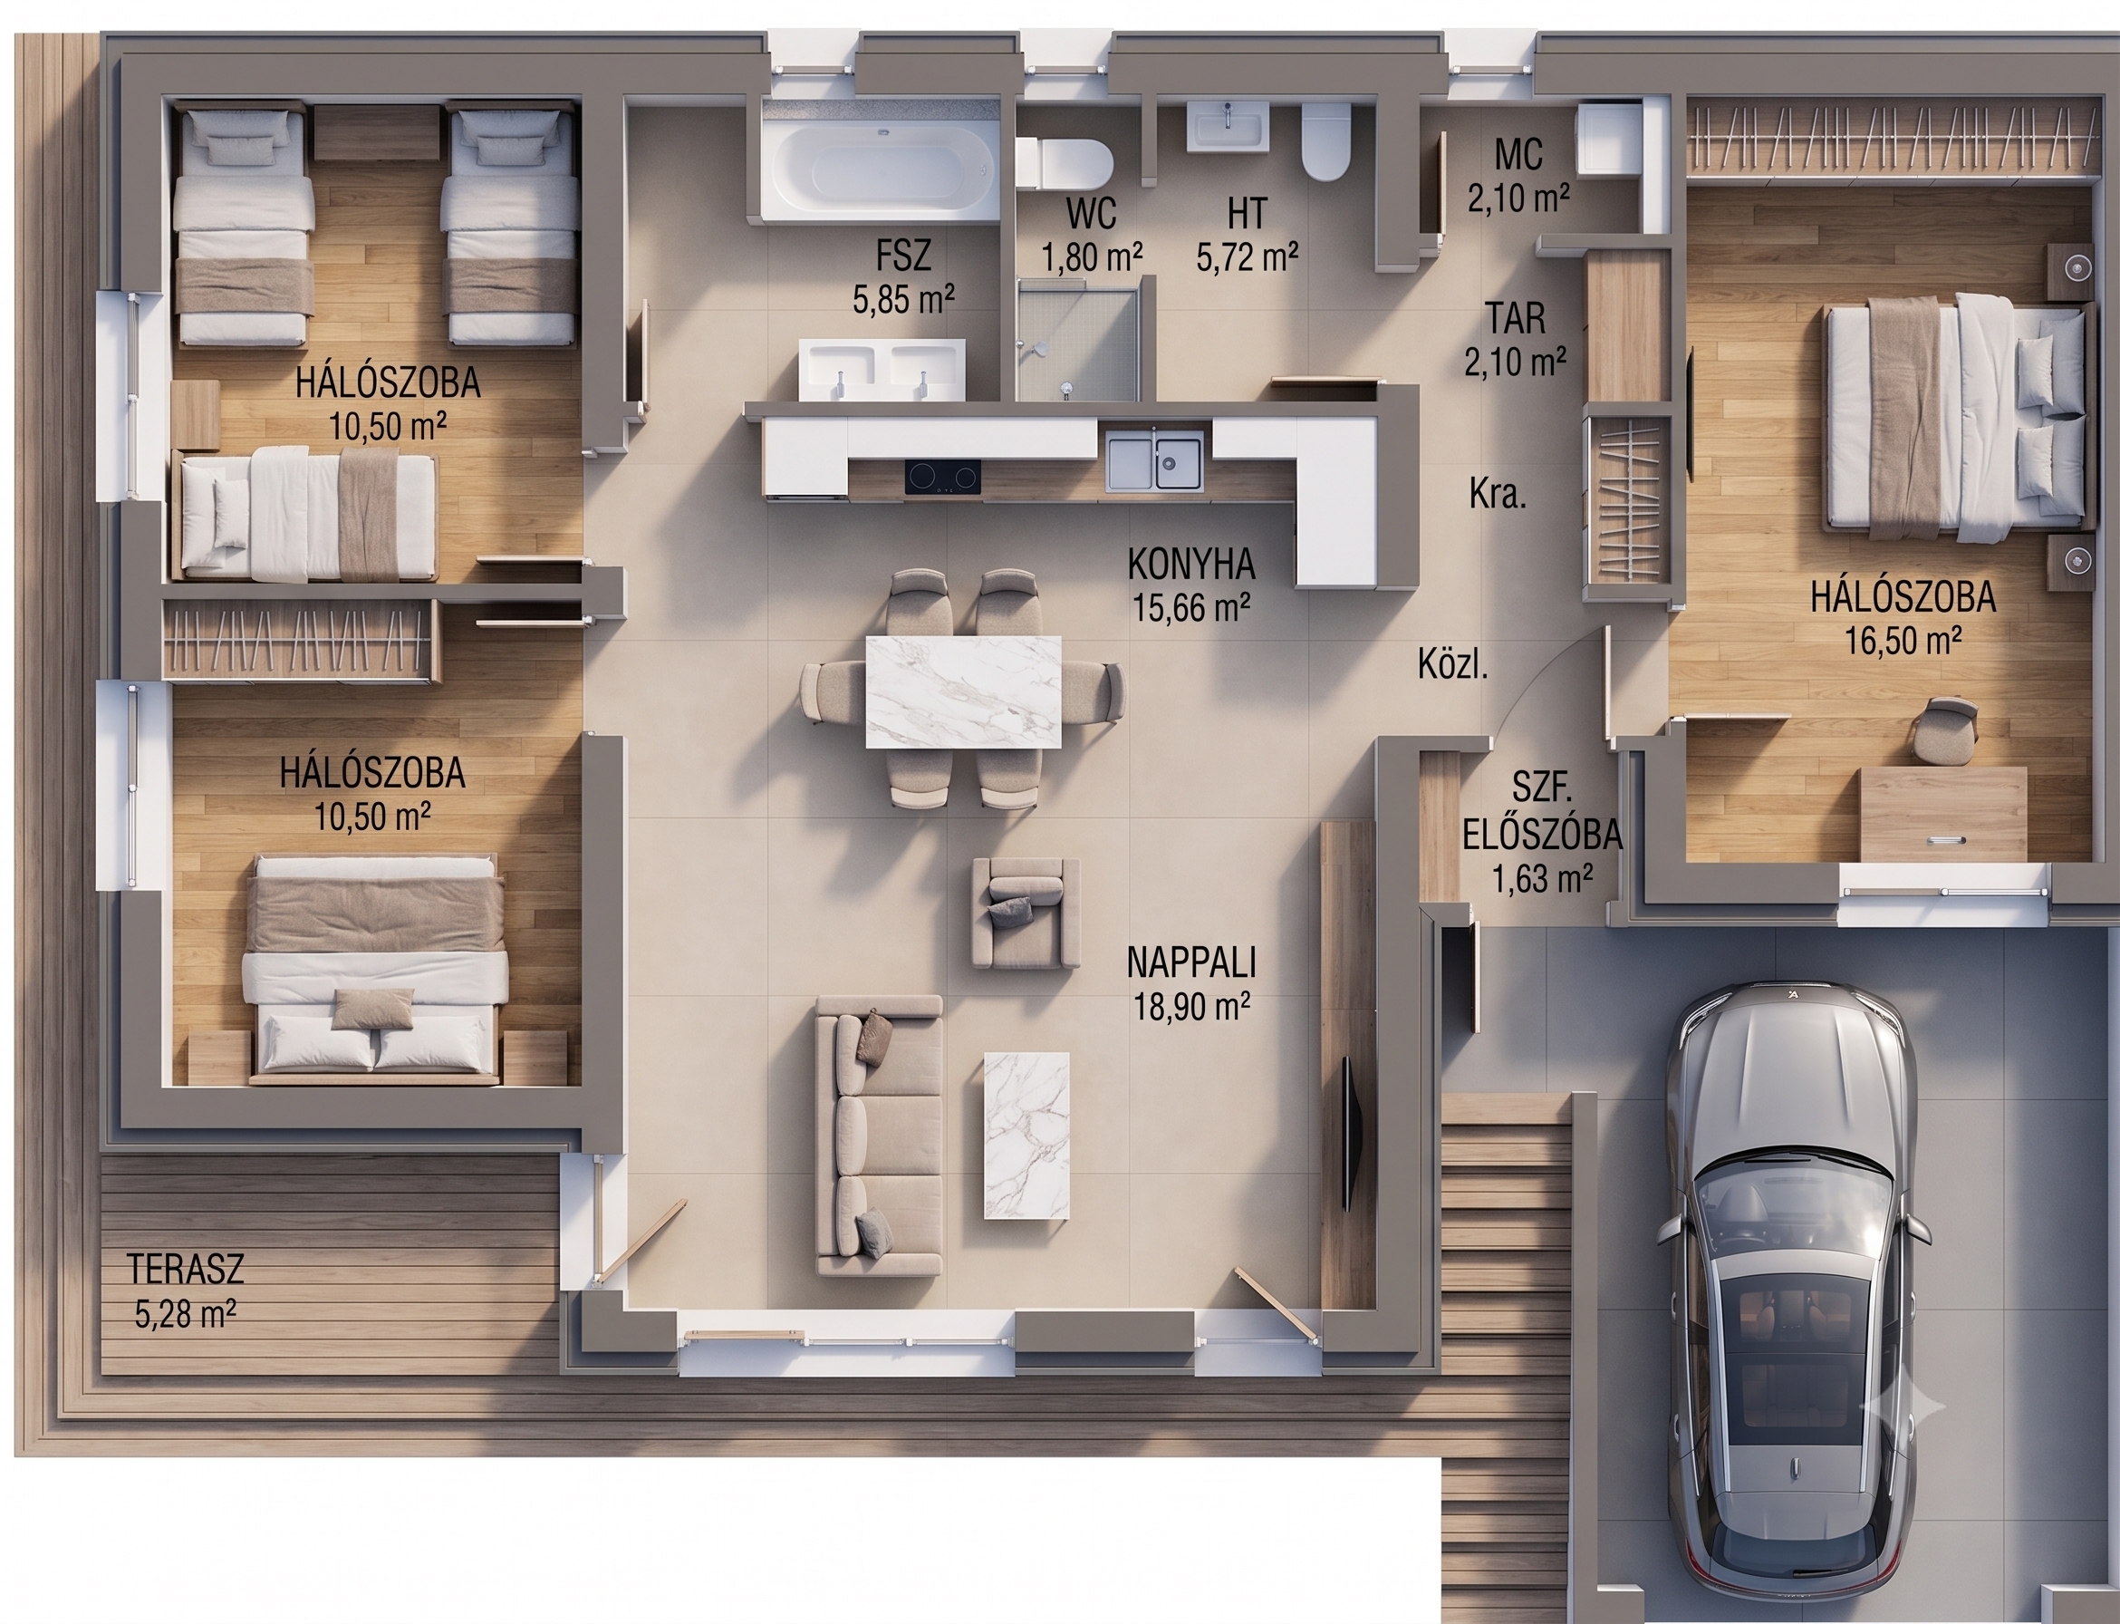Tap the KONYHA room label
[x=1191, y=564]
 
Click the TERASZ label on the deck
[x=186, y=1268]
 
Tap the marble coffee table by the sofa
[x=1026, y=1135]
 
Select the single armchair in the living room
[x=1026, y=913]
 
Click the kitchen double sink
[x=1155, y=462]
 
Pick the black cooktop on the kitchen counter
[x=942, y=476]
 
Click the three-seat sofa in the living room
[x=878, y=1136]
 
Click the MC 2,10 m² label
[x=1518, y=175]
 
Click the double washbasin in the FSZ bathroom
[x=882, y=368]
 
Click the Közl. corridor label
[x=1452, y=663]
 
